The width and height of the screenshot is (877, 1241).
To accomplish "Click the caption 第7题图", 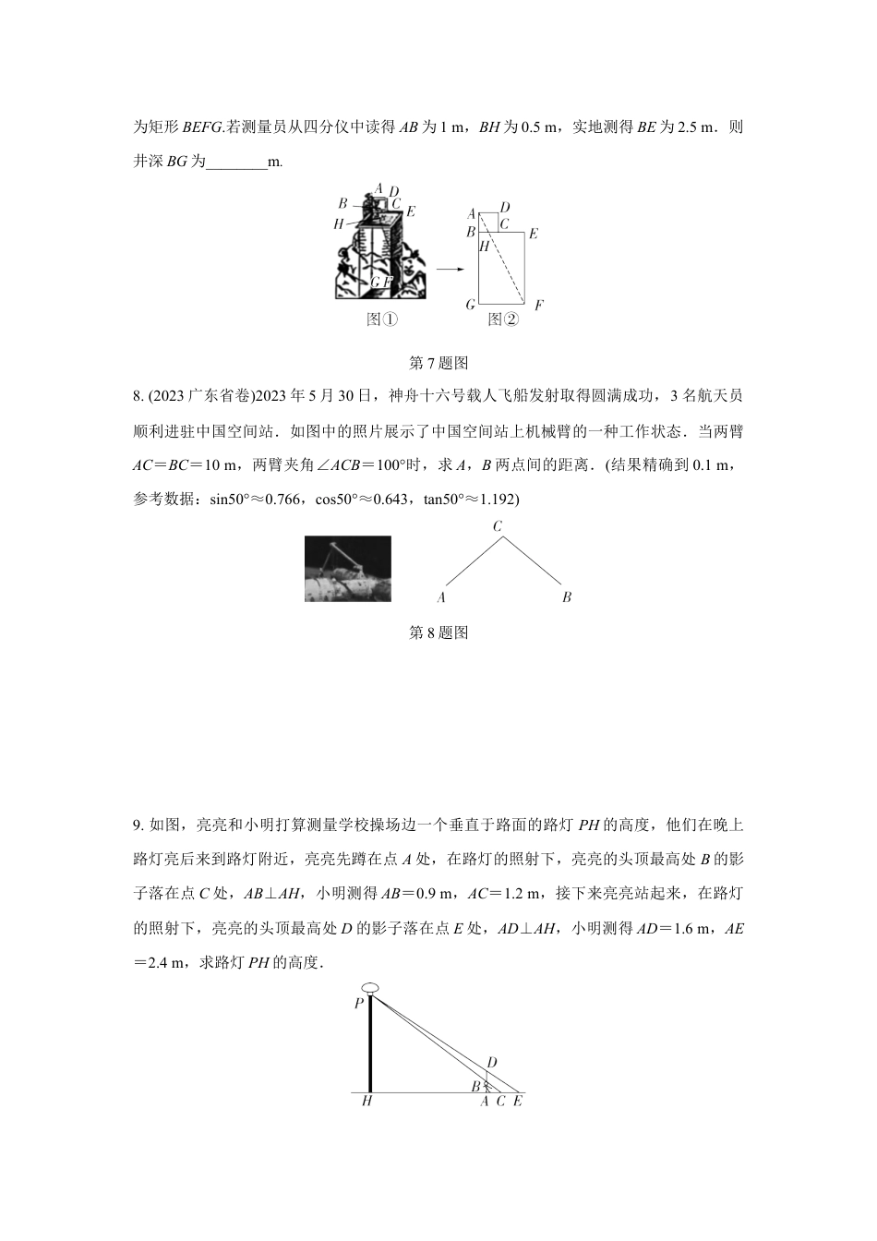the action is click(x=438, y=363).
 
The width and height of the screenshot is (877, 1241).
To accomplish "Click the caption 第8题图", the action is click(x=438, y=633).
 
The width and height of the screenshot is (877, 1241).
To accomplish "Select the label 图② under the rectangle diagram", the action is click(x=502, y=319).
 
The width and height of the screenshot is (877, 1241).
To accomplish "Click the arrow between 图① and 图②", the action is click(x=450, y=269).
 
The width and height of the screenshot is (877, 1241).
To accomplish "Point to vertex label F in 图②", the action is click(x=538, y=306).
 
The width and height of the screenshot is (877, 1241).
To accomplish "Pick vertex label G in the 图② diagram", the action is click(x=471, y=305).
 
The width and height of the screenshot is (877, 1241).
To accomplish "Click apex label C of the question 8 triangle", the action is click(x=498, y=526).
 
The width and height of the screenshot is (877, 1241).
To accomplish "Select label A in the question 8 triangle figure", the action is click(x=441, y=597).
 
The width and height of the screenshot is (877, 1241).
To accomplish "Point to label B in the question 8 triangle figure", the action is click(x=567, y=597).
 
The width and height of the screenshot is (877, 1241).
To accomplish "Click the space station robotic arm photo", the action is click(x=347, y=569).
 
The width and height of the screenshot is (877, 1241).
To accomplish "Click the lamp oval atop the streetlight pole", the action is click(x=371, y=989).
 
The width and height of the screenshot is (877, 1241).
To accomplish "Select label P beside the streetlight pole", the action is click(x=358, y=1004).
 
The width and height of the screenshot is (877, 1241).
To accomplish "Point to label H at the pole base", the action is click(x=366, y=1102).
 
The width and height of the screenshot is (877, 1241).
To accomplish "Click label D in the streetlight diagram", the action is click(x=492, y=1063).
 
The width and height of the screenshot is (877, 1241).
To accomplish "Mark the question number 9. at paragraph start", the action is click(x=138, y=825).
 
